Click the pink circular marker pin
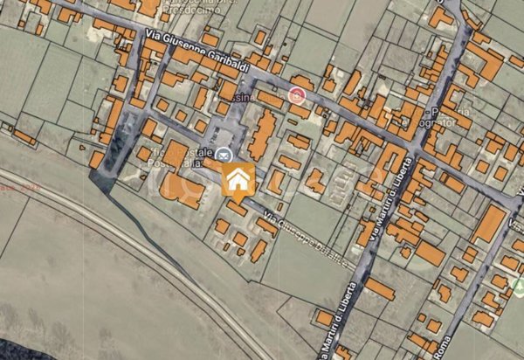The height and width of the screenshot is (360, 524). click(298, 93)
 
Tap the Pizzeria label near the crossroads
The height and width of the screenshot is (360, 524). click(455, 112)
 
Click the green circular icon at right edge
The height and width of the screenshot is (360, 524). click(519, 287)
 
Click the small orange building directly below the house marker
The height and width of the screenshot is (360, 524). click(237, 208)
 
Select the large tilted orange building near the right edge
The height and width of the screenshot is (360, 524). click(489, 224)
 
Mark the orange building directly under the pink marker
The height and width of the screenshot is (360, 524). click(300, 111)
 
